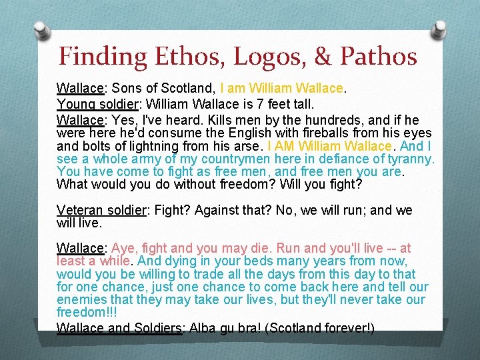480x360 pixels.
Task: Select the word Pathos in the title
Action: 378,56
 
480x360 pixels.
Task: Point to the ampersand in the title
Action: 323,56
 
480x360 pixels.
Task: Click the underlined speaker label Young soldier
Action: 98,104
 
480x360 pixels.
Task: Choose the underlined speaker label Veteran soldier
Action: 101,211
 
